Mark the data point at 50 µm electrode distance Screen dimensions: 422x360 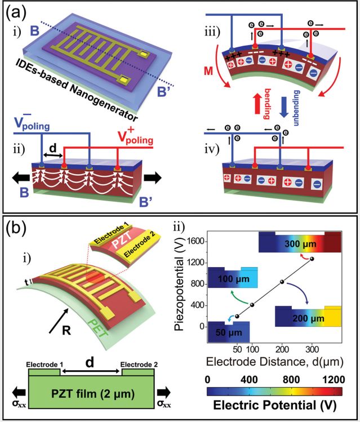click(x=237, y=317)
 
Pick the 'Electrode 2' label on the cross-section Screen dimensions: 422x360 click(x=139, y=365)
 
